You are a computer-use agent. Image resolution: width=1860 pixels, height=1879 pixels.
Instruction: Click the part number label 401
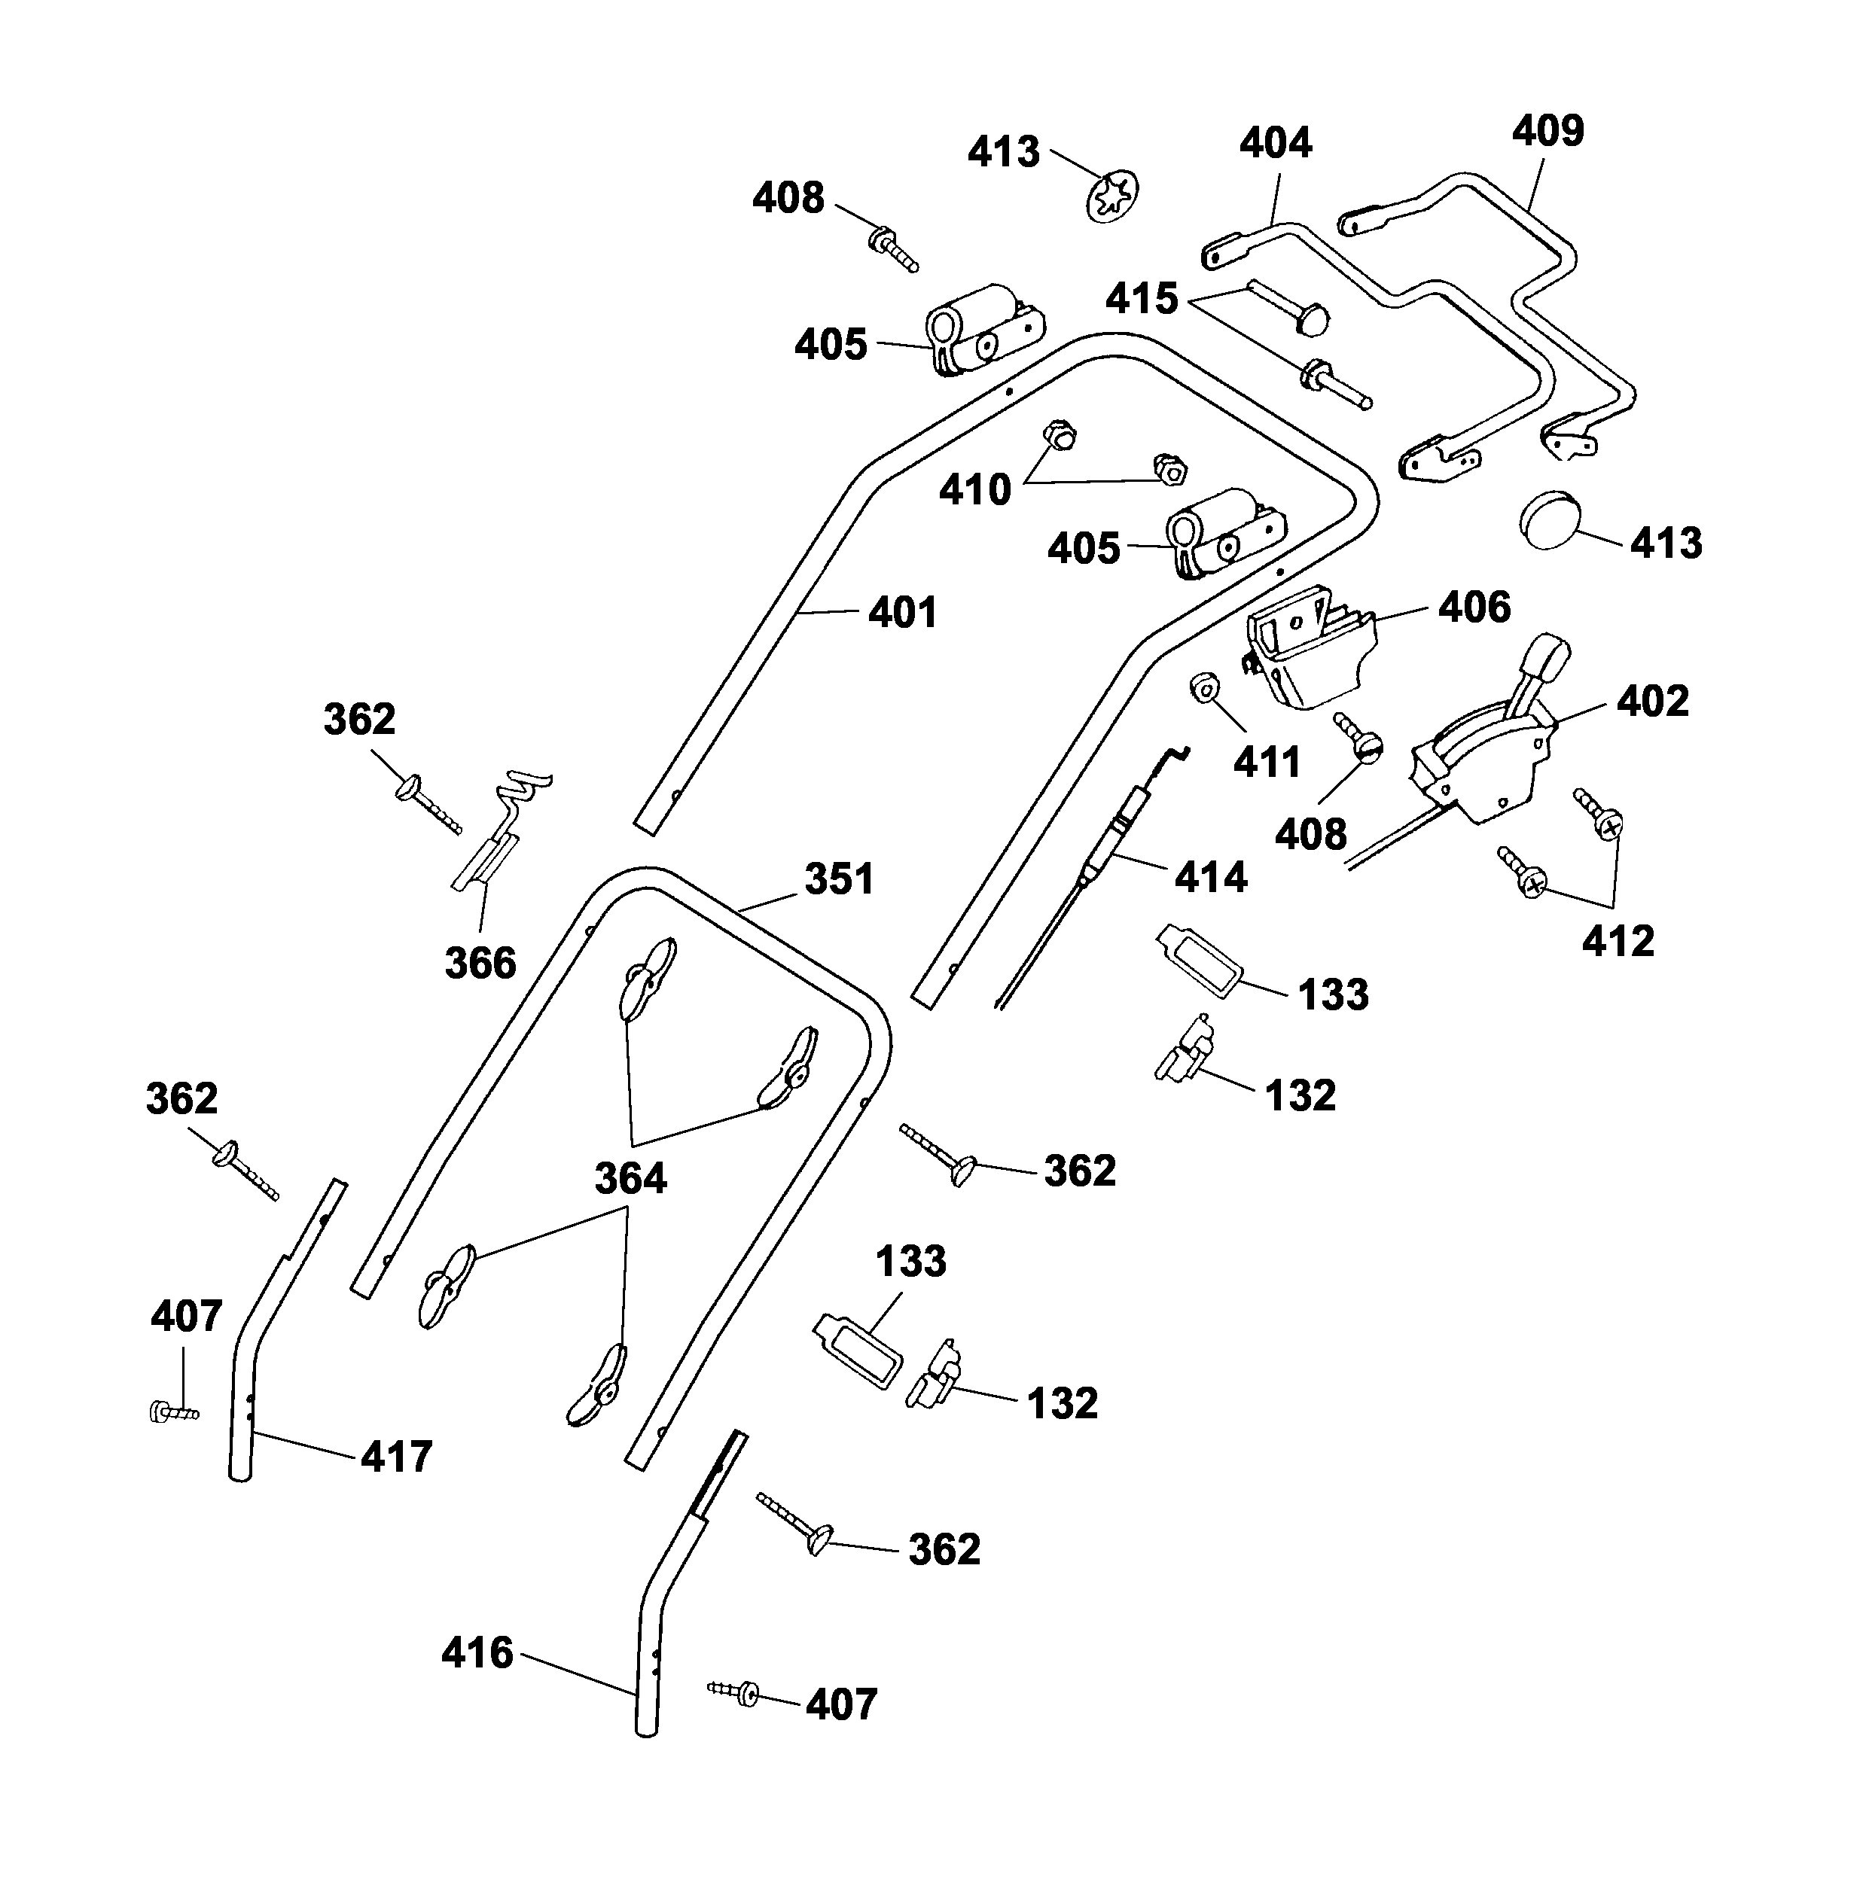(903, 613)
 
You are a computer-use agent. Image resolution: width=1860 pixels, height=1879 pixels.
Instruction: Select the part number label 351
(839, 879)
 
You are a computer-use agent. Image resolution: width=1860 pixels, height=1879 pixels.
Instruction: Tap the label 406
(1474, 608)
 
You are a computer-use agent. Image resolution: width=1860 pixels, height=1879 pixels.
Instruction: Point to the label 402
(1653, 701)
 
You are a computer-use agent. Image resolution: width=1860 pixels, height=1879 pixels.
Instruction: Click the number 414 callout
(1210, 879)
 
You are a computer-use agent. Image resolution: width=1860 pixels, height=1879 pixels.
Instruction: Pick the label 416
(477, 1653)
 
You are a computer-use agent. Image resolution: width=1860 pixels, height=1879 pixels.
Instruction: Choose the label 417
(396, 1457)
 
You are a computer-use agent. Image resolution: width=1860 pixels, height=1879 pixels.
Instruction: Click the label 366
(480, 964)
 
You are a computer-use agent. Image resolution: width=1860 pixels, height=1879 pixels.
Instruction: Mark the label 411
(1267, 763)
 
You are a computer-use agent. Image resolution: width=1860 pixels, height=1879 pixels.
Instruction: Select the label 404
(1276, 143)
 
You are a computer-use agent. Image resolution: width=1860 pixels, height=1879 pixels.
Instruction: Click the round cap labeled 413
(1550, 519)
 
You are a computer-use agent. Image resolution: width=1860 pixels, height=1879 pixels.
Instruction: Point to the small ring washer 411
(1203, 687)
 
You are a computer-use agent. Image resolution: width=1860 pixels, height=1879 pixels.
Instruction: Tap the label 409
(1547, 130)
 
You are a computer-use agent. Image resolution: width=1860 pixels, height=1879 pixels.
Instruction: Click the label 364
(630, 1179)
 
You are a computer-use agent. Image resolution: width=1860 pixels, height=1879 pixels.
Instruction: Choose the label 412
(1618, 942)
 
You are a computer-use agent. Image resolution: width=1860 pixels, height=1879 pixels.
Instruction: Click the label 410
(974, 490)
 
